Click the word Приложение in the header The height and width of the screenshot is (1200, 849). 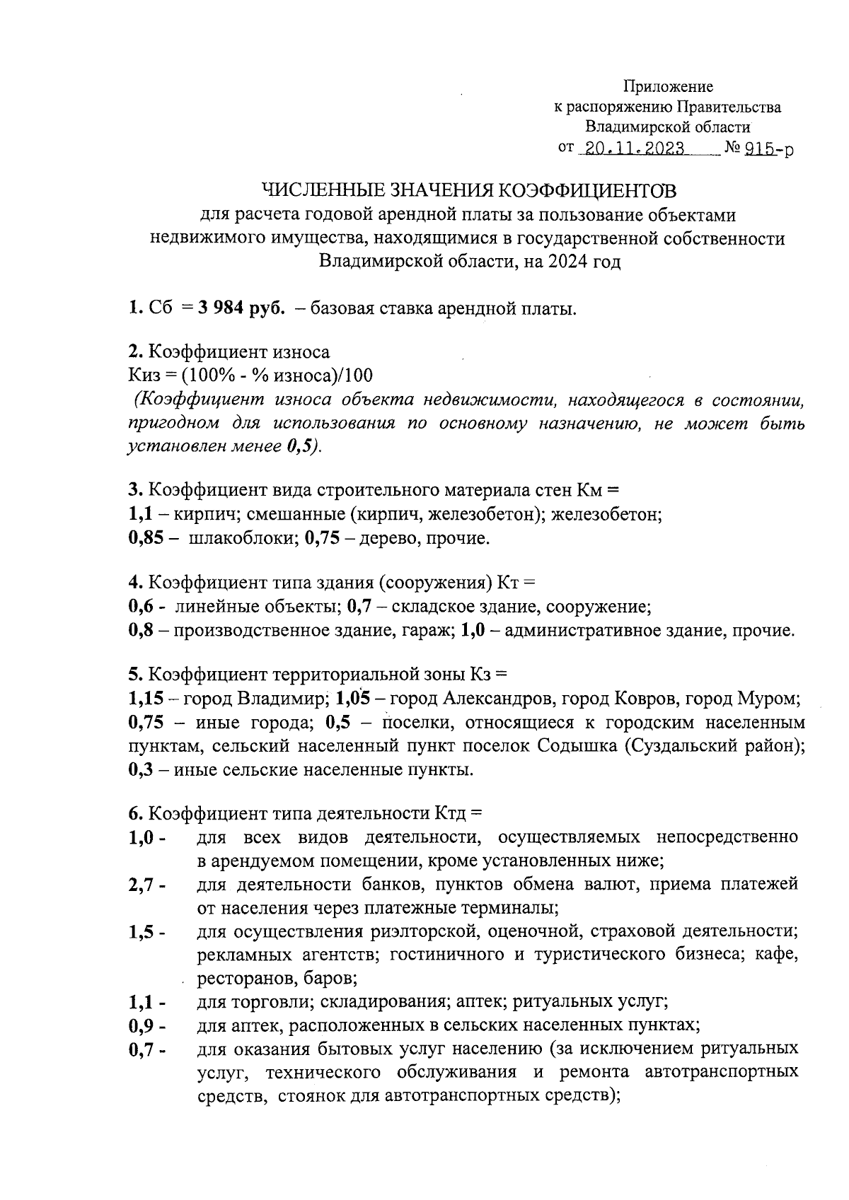click(668, 86)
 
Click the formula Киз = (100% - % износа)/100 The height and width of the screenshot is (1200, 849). click(250, 375)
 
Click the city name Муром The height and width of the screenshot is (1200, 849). click(768, 699)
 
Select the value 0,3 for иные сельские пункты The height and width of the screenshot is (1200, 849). click(140, 769)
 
